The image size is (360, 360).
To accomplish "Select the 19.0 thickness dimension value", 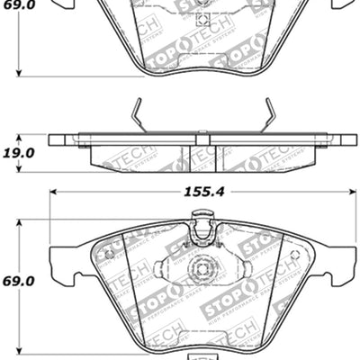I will [19, 154].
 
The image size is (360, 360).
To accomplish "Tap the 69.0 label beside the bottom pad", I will [19, 283].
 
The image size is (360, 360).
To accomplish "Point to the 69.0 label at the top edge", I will [19, 6].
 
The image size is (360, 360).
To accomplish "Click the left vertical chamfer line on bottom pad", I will [127, 270].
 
